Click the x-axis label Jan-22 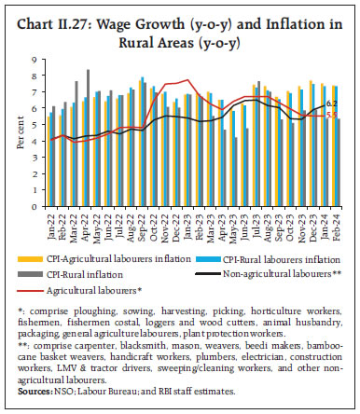[54, 221]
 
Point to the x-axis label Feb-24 [335, 221]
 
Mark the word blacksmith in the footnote [137, 348]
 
